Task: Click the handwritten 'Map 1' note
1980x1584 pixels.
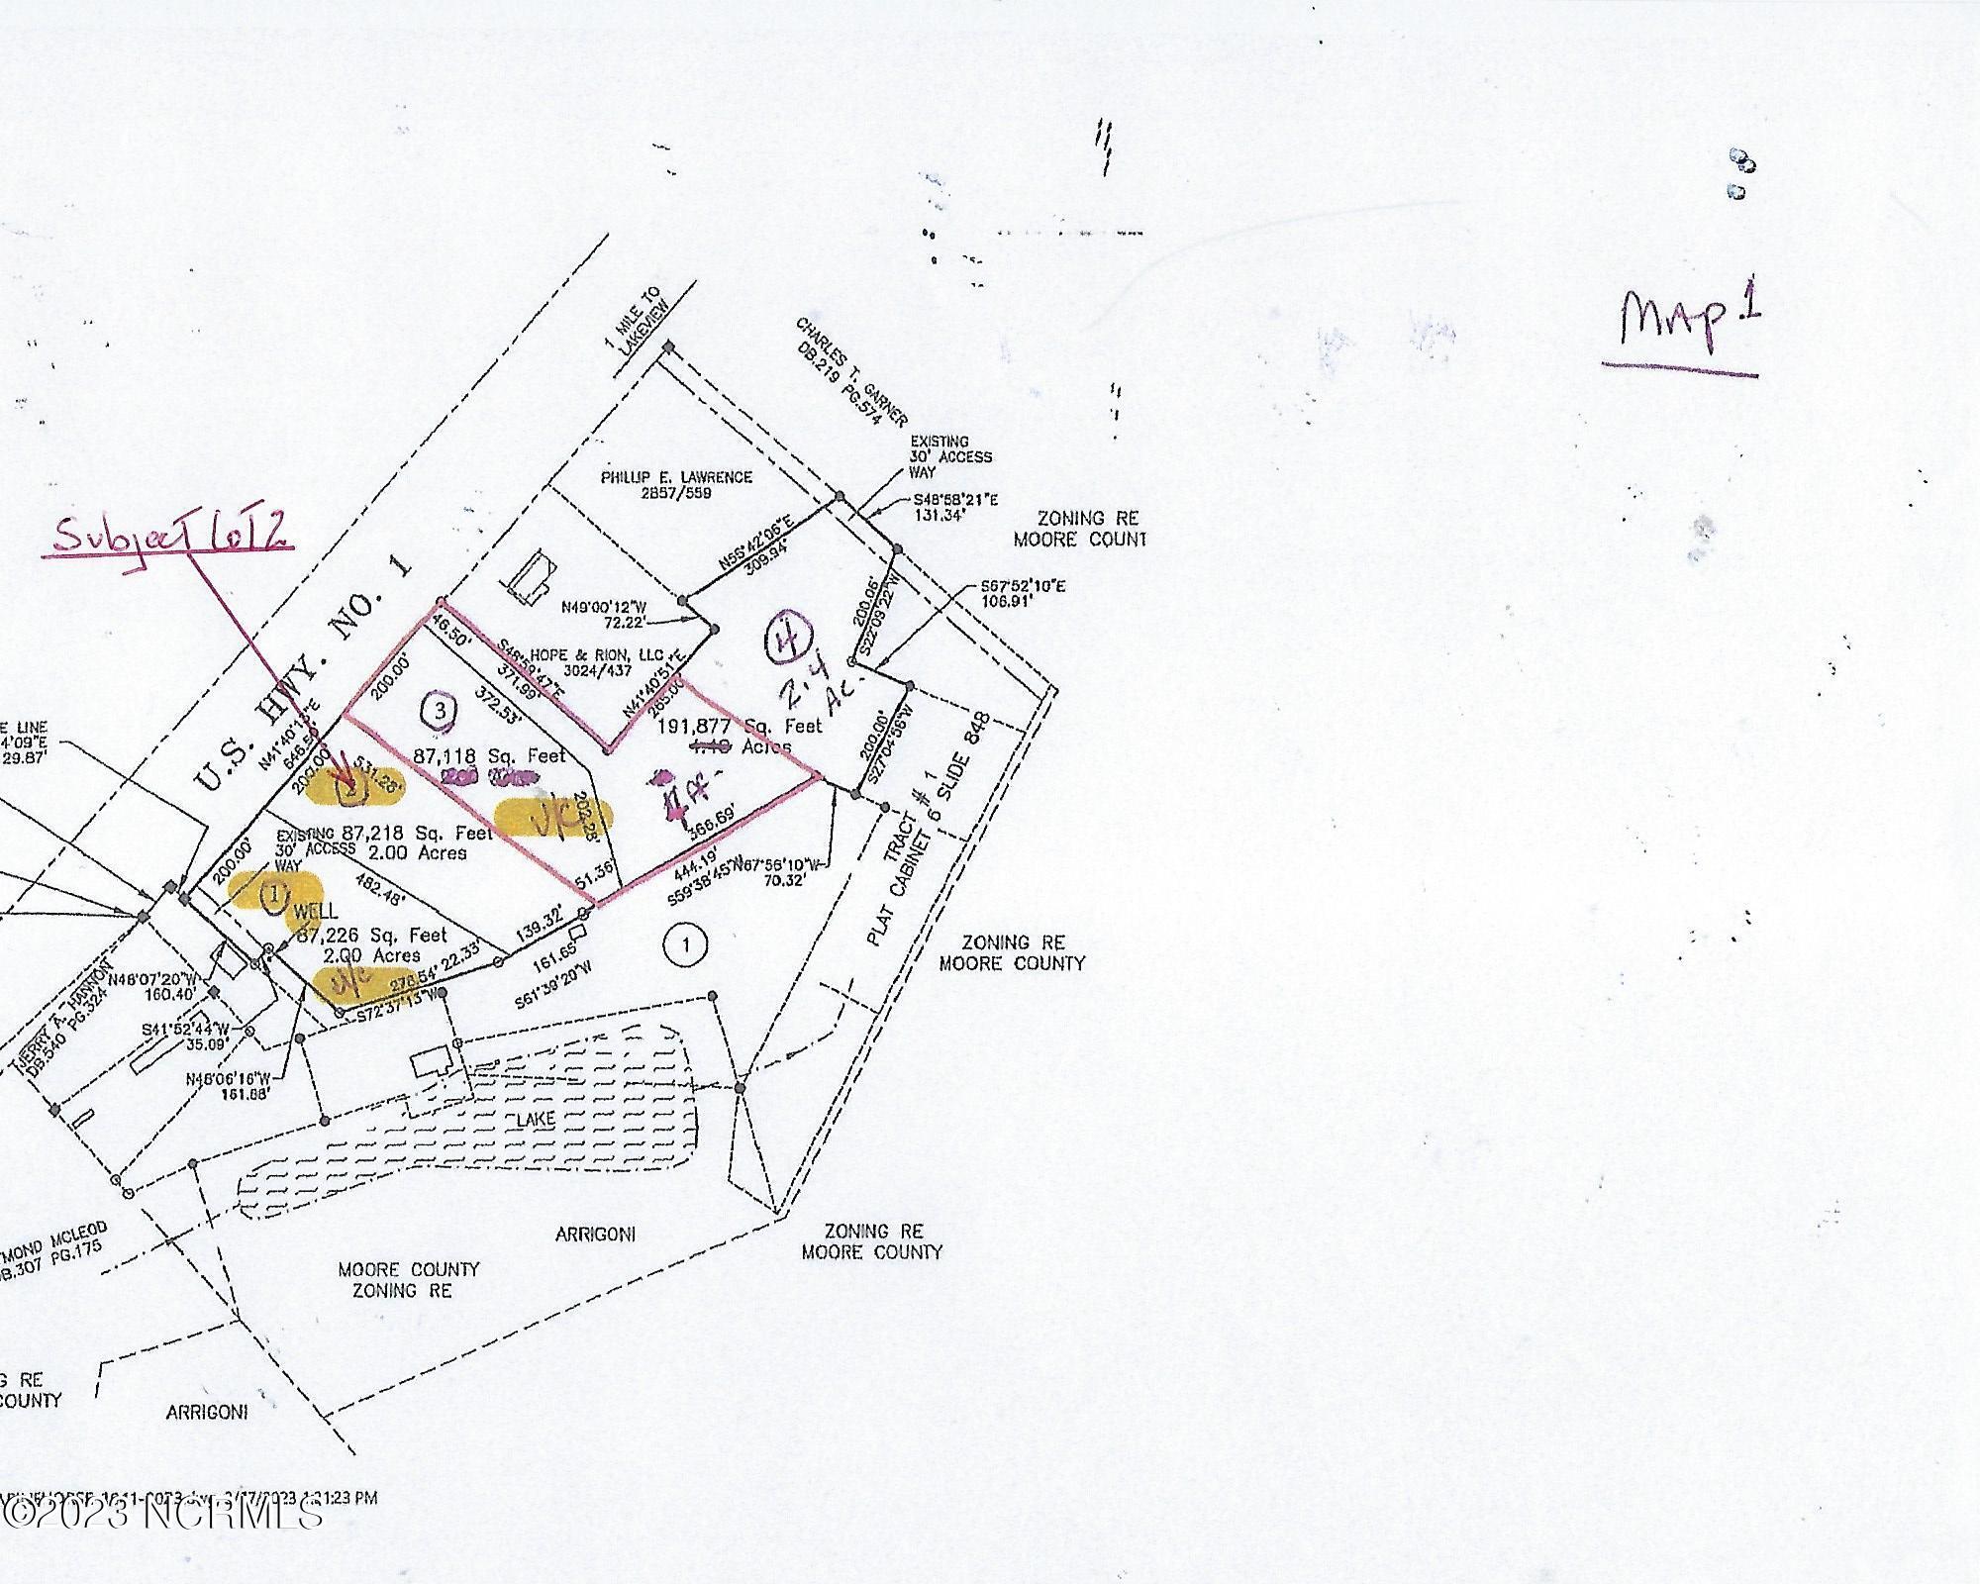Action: [x=1690, y=323]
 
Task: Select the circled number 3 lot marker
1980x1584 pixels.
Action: [x=439, y=710]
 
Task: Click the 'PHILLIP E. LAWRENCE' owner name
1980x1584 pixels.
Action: [x=676, y=477]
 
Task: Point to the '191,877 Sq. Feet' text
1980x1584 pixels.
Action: [x=740, y=726]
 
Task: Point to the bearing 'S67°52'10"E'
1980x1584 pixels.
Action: [x=1015, y=586]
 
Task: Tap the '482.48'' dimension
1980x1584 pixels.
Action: [x=411, y=890]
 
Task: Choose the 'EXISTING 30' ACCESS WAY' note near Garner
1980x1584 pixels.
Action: [x=949, y=456]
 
